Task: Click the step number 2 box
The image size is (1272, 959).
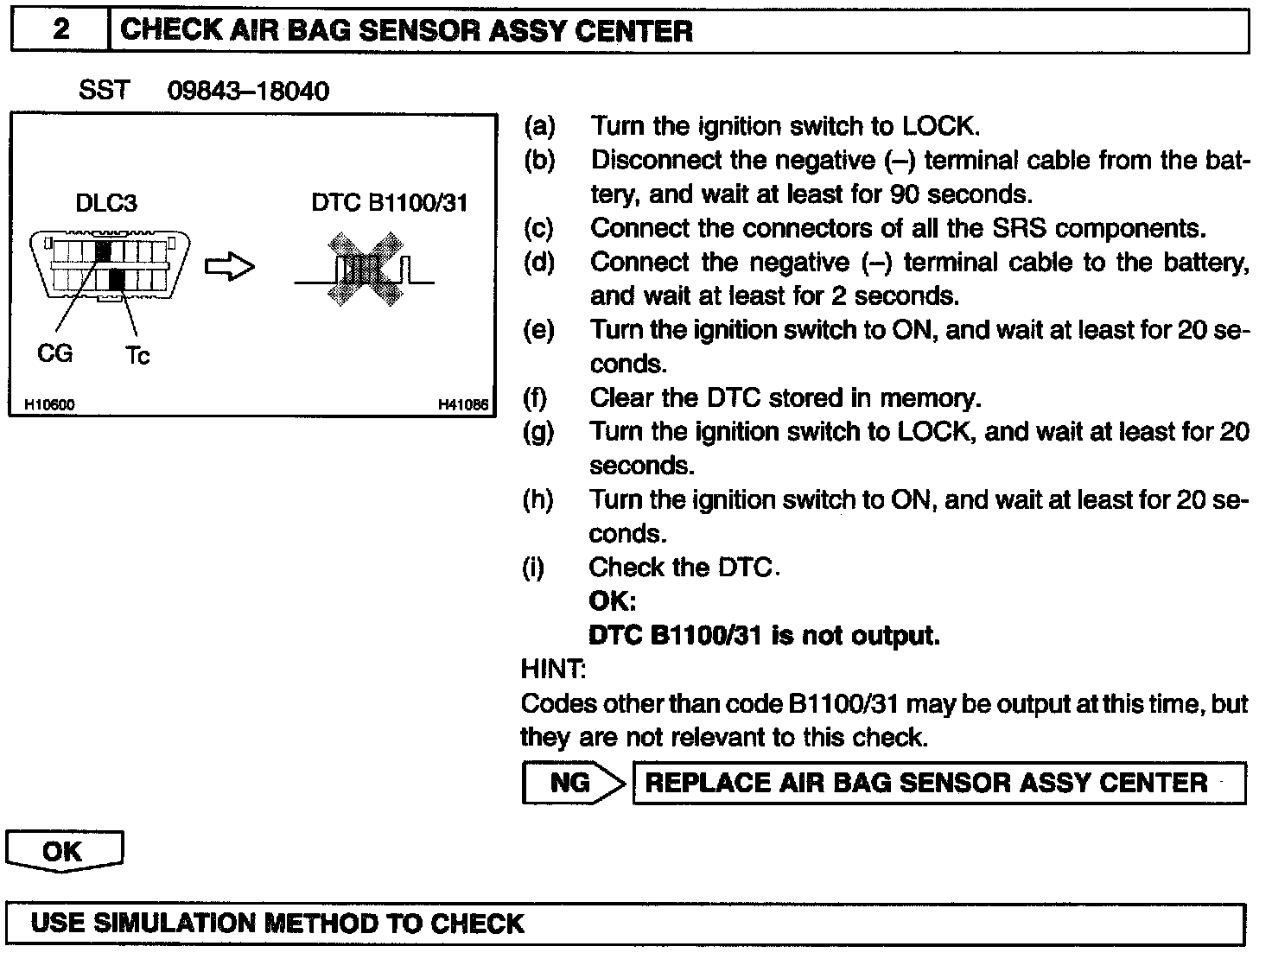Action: pyautogui.click(x=60, y=30)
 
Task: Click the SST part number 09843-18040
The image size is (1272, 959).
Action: pyautogui.click(x=248, y=91)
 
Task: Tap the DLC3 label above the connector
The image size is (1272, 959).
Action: pyautogui.click(x=106, y=203)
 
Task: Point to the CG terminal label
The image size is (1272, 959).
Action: pyautogui.click(x=55, y=353)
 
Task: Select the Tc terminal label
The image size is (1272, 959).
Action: pyautogui.click(x=137, y=355)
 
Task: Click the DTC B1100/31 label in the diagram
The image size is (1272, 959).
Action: pyautogui.click(x=390, y=203)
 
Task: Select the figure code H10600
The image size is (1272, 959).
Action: pyautogui.click(x=49, y=404)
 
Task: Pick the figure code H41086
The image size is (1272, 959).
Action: pyautogui.click(x=463, y=404)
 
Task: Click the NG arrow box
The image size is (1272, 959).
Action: pyautogui.click(x=573, y=783)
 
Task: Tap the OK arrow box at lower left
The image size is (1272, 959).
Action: pyautogui.click(x=63, y=852)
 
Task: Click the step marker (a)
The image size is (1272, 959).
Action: pyautogui.click(x=539, y=126)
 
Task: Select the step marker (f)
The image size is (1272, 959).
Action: pyautogui.click(x=537, y=397)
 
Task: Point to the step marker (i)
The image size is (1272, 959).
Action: pyautogui.click(x=535, y=568)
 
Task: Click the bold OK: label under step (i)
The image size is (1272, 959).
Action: pyautogui.click(x=612, y=601)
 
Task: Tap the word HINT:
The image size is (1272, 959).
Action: pyautogui.click(x=553, y=669)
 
